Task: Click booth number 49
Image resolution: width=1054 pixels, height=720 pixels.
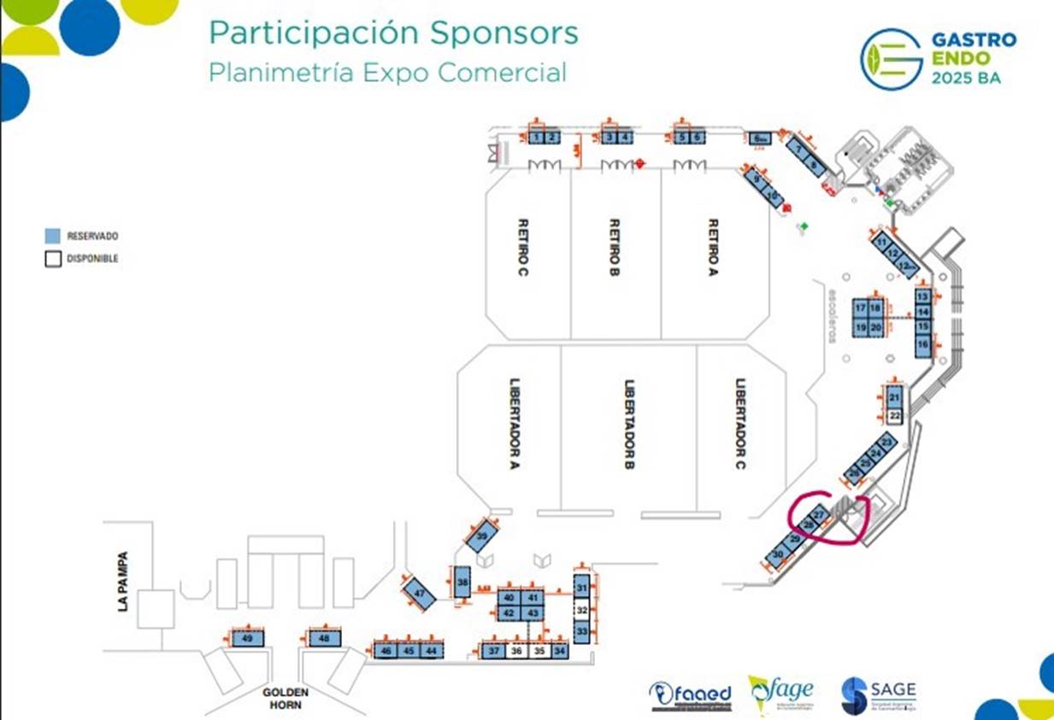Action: point(247,639)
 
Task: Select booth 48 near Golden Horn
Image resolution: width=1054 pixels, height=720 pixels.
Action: point(324,639)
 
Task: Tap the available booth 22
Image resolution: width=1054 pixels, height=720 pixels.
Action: point(895,416)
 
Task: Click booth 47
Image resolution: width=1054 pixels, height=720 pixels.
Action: point(419,593)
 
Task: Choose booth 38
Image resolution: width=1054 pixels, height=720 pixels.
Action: point(462,582)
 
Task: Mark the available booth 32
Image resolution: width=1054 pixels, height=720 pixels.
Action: point(582,610)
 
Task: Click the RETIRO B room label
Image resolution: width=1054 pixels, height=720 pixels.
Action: point(614,249)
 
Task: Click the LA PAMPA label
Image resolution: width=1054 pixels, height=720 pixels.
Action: point(123,581)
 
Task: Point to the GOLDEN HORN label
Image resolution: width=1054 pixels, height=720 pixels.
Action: point(286,699)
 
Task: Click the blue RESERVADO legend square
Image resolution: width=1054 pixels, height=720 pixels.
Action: point(53,236)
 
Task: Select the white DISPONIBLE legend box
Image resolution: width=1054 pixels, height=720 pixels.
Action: point(53,259)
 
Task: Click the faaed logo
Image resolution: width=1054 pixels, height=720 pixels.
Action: point(691,694)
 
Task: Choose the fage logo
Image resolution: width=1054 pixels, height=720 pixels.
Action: point(780,694)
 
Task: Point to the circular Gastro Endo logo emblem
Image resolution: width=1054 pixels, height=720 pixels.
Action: point(891,59)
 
